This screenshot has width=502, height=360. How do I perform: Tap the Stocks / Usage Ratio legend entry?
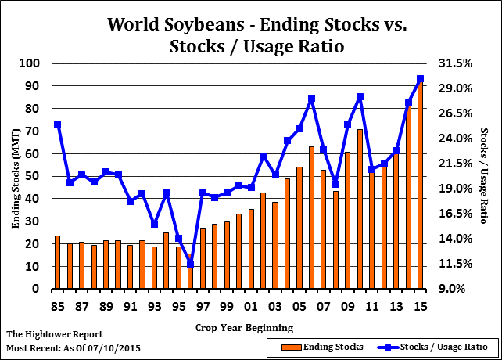tap(442, 345)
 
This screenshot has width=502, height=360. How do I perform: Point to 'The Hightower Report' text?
tap(54, 334)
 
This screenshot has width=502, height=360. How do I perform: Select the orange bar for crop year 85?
tap(57, 262)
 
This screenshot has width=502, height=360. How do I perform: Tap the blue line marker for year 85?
tap(57, 124)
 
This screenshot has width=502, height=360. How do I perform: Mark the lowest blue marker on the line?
tap(190, 265)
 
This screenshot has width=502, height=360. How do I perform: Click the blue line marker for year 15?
tap(420, 79)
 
